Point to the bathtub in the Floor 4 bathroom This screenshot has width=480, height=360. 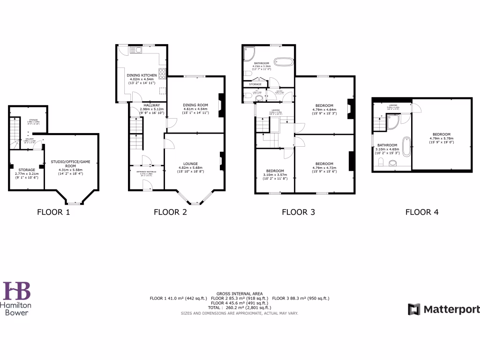pos(406,146)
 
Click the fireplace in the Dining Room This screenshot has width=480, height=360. pos(221,107)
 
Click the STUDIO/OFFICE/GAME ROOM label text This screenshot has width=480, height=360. pos(70,164)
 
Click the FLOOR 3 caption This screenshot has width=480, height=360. pos(298,212)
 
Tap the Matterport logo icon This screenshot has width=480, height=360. pos(414,309)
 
